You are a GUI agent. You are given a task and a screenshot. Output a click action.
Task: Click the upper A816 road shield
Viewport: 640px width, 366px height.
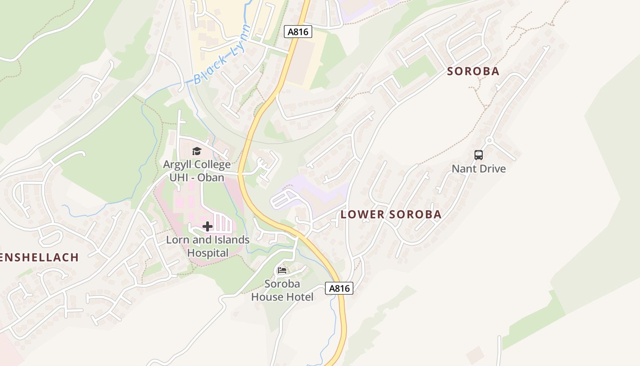pyautogui.click(x=298, y=32)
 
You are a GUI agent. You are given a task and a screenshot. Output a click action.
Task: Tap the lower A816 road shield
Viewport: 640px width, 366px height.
pyautogui.click(x=339, y=288)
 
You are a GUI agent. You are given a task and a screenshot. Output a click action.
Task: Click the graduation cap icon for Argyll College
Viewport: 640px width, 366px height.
pyautogui.click(x=197, y=151)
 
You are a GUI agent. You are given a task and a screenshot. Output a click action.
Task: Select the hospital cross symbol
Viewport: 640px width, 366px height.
pyautogui.click(x=208, y=226)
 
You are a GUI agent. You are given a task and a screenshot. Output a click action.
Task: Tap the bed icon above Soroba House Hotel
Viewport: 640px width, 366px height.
pyautogui.click(x=282, y=270)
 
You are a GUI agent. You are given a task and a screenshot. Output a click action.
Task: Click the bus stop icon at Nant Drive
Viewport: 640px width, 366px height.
pyautogui.click(x=479, y=155)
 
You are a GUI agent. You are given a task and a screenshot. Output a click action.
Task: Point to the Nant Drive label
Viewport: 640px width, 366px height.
pyautogui.click(x=479, y=169)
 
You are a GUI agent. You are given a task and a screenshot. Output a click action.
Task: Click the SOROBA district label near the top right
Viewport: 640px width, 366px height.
pyautogui.click(x=473, y=71)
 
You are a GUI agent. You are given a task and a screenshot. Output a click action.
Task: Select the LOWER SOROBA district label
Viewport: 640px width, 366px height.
pyautogui.click(x=391, y=215)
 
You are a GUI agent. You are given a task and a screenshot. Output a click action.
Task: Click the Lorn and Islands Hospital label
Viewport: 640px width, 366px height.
pyautogui.click(x=208, y=246)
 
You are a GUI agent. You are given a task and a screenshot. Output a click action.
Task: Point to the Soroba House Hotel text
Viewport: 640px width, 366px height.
pyautogui.click(x=283, y=291)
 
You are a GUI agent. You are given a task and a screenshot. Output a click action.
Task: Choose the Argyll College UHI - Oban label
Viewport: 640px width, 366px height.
pyautogui.click(x=197, y=171)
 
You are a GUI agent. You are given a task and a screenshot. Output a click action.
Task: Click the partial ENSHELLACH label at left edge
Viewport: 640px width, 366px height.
pyautogui.click(x=39, y=258)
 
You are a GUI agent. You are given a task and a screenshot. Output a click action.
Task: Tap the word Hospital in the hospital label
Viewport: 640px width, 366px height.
pyautogui.click(x=208, y=253)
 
